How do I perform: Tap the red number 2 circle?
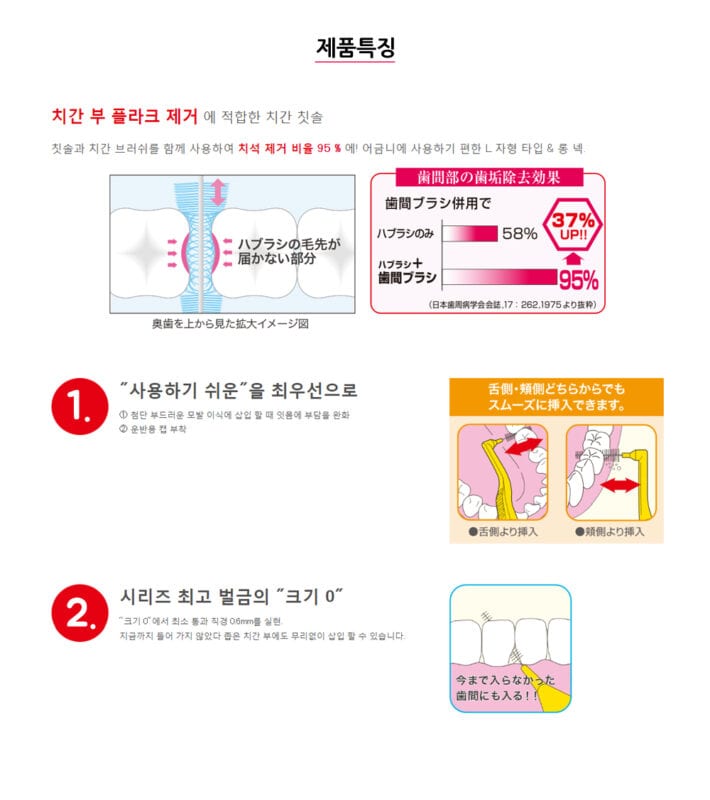click(79, 613)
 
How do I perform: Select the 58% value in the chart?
click(519, 234)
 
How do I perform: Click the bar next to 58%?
click(470, 234)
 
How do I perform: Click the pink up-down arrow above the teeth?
click(218, 190)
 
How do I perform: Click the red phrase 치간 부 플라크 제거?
click(126, 116)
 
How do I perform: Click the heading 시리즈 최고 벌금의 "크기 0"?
click(232, 597)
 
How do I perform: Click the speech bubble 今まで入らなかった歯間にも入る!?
click(491, 687)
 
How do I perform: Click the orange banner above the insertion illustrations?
click(556, 398)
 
